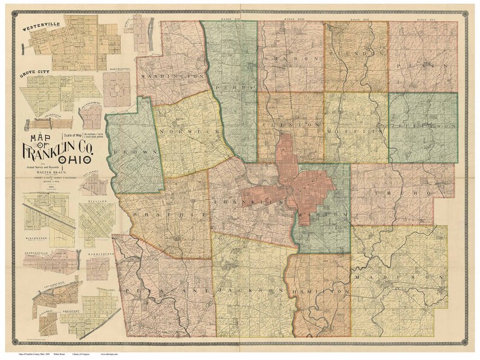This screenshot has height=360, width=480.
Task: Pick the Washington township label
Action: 172,77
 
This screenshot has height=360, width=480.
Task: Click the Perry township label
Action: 244,87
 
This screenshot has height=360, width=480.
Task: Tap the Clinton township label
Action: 290,124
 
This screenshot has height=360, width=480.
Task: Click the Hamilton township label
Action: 320,291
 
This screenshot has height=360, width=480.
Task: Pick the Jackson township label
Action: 247,291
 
